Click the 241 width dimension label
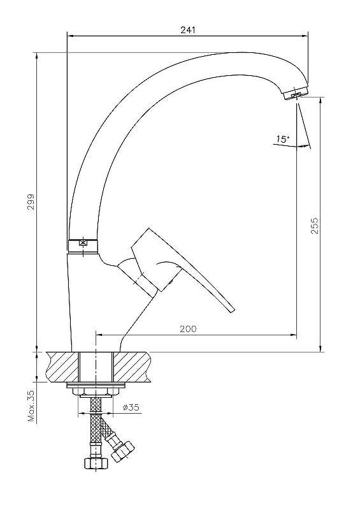188,29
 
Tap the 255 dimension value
315,226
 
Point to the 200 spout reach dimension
189,329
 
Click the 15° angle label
283,139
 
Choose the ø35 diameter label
131,407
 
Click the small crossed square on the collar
83,242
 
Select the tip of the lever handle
232,310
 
